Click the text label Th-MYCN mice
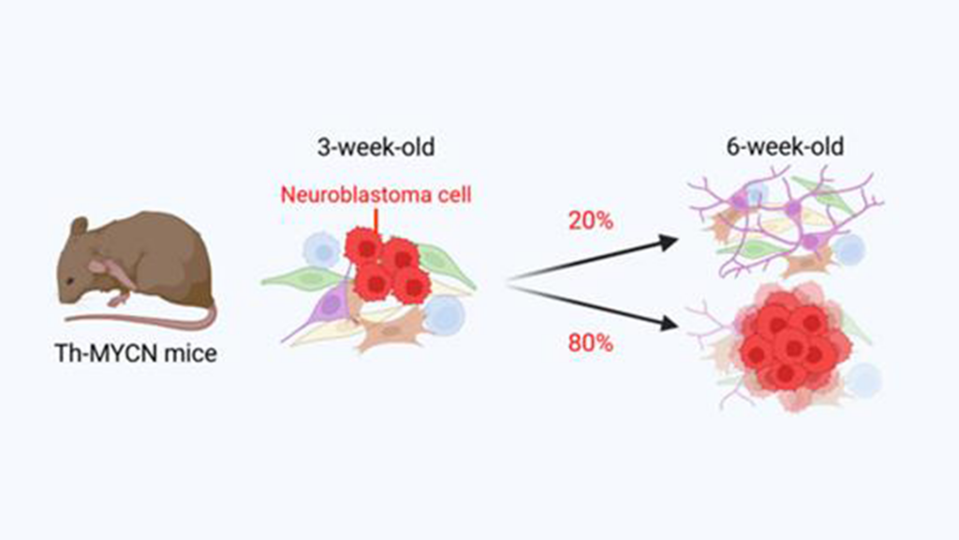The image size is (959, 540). (x=137, y=355)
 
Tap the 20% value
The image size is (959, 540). (x=591, y=221)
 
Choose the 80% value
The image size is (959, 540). (x=591, y=342)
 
